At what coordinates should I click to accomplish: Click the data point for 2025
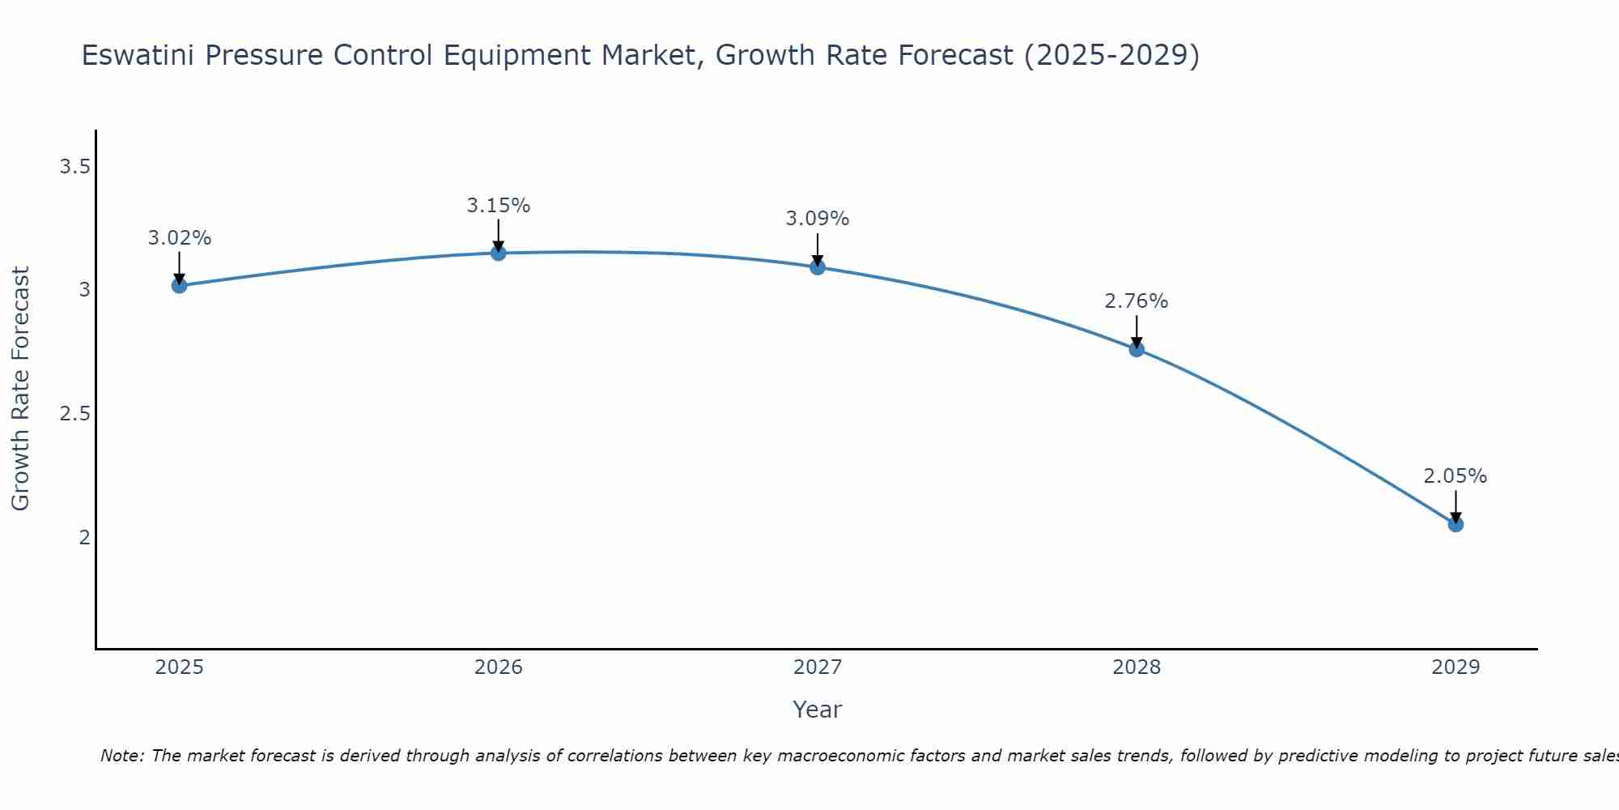tap(180, 285)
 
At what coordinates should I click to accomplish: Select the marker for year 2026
tap(499, 254)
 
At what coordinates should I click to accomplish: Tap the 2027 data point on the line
tap(818, 267)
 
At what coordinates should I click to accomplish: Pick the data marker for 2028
tap(1137, 349)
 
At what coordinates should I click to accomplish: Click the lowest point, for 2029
tap(1455, 524)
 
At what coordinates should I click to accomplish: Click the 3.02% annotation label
tap(180, 238)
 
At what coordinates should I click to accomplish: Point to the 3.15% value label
tap(499, 206)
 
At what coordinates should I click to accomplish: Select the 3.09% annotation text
tap(818, 219)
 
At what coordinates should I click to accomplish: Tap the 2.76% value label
tap(1137, 301)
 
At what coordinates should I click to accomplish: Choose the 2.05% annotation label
tap(1455, 476)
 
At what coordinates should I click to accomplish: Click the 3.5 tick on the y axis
tap(74, 167)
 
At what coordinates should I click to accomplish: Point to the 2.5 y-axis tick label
tap(74, 414)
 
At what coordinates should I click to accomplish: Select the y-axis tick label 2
tap(84, 537)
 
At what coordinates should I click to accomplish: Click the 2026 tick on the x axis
tap(499, 667)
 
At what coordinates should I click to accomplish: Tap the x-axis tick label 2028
tap(1137, 667)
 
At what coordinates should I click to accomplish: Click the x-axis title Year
tap(818, 710)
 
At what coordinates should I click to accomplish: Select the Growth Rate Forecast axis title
tap(21, 389)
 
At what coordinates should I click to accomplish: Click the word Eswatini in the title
tap(138, 55)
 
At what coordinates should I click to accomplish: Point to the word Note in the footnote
tap(121, 756)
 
